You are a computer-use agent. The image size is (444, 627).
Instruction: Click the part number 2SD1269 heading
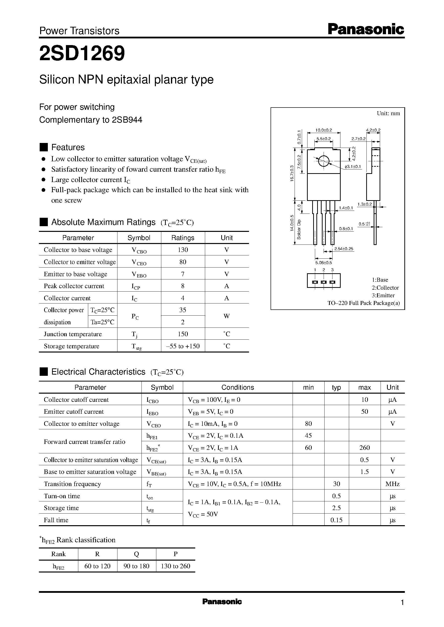click(x=82, y=54)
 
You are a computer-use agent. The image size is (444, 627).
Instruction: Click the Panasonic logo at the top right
click(x=366, y=29)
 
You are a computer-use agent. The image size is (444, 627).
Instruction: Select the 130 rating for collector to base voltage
click(x=183, y=250)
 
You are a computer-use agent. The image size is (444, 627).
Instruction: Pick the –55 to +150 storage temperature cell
click(x=183, y=346)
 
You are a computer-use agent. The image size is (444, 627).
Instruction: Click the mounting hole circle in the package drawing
click(x=323, y=161)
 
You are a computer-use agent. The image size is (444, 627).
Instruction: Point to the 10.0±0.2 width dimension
click(x=323, y=130)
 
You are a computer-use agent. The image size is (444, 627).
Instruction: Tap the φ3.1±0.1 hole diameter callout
click(x=353, y=167)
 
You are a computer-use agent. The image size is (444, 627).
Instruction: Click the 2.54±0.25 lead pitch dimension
click(x=344, y=249)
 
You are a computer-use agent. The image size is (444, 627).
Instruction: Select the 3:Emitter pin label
click(x=383, y=296)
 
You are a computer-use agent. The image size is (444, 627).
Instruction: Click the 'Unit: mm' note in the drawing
click(x=388, y=113)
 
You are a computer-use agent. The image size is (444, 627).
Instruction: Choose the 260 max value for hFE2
click(x=364, y=448)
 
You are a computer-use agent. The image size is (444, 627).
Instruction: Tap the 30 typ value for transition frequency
click(x=336, y=484)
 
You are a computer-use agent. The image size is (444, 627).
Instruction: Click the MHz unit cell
click(x=392, y=484)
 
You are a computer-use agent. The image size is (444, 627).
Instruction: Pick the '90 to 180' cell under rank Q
click(x=137, y=566)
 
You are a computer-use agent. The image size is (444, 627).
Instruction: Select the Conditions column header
click(x=238, y=387)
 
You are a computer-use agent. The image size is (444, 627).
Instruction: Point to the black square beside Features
click(x=44, y=147)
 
